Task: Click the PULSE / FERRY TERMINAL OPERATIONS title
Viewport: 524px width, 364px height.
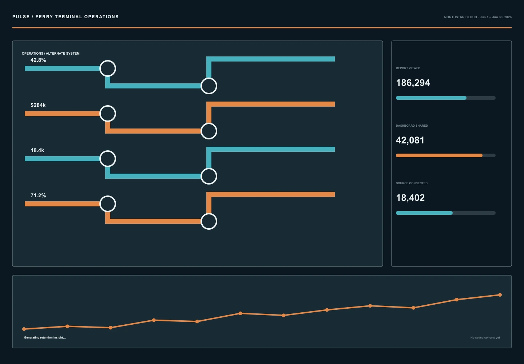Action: pyautogui.click(x=65, y=17)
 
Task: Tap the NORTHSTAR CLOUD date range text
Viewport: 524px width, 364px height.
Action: pyautogui.click(x=478, y=17)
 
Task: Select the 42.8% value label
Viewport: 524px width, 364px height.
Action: pyautogui.click(x=38, y=60)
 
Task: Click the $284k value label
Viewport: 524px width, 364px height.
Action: pyautogui.click(x=38, y=105)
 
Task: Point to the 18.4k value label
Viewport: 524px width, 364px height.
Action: pyautogui.click(x=37, y=150)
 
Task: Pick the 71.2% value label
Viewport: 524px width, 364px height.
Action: pyautogui.click(x=38, y=195)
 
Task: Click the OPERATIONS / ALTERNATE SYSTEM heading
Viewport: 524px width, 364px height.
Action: pyautogui.click(x=51, y=54)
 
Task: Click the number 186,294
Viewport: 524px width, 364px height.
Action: pyautogui.click(x=413, y=83)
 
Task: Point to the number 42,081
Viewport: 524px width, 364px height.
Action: pyautogui.click(x=410, y=140)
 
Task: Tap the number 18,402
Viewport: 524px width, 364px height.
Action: pyautogui.click(x=410, y=198)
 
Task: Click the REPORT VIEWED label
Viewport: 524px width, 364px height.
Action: pyautogui.click(x=408, y=68)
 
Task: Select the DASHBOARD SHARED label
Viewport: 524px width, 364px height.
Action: pyautogui.click(x=412, y=126)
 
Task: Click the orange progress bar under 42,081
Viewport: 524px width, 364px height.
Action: pyautogui.click(x=439, y=155)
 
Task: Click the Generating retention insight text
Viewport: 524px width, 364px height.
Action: pyautogui.click(x=45, y=337)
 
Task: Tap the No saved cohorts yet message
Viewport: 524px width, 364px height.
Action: pyautogui.click(x=485, y=337)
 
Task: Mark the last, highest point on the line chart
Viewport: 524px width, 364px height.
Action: pyautogui.click(x=500, y=295)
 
